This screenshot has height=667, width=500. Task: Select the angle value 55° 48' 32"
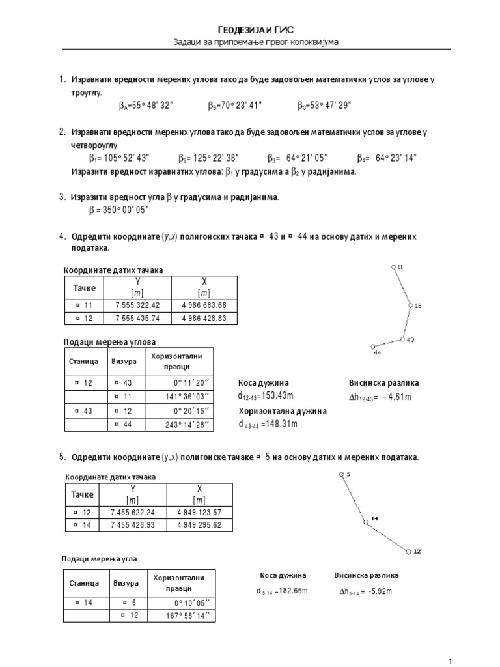(x=153, y=105)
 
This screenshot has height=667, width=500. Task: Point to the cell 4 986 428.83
(x=204, y=319)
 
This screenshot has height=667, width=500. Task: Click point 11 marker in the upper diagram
(x=393, y=267)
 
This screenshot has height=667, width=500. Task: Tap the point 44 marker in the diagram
(x=372, y=347)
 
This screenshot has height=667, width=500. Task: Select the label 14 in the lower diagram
(x=374, y=518)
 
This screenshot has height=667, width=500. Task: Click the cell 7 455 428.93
(x=133, y=525)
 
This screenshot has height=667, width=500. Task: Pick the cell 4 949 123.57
(x=199, y=511)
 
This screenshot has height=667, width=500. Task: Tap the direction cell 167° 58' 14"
(x=187, y=616)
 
